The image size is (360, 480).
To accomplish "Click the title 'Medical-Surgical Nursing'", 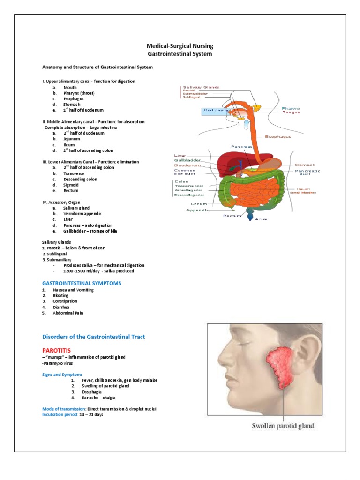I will [x=180, y=46].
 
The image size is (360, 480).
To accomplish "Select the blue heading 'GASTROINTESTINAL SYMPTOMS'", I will [x=82, y=283].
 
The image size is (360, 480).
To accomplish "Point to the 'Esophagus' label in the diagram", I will [x=278, y=137].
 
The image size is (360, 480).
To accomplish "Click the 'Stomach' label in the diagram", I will [x=305, y=165].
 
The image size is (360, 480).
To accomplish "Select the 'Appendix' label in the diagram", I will [x=197, y=210].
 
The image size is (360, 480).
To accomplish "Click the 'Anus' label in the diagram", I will [x=261, y=219].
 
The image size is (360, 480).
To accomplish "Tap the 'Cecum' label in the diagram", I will [x=199, y=204].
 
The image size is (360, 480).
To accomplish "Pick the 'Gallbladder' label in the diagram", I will [x=187, y=160].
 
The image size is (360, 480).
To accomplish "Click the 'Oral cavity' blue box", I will [x=216, y=111].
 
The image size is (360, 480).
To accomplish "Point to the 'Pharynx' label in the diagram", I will [x=291, y=108].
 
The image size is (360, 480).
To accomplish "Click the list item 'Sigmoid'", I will [x=71, y=185].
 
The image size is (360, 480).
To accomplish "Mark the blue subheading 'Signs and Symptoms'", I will [x=62, y=375].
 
